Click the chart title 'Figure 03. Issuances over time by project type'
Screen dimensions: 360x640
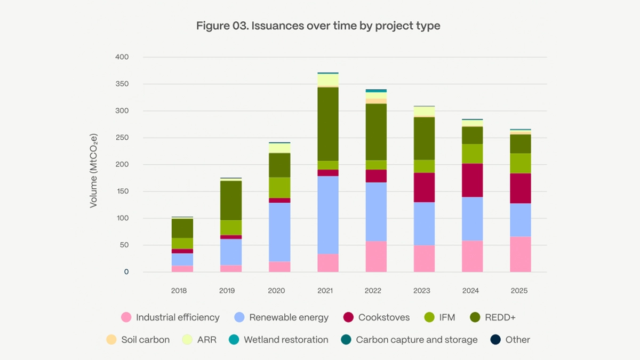pos(318,26)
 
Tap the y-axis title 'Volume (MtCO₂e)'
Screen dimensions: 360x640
pos(94,164)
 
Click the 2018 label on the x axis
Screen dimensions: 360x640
pos(179,291)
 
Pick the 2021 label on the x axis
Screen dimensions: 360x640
pos(325,291)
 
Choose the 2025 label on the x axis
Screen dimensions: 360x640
pos(519,291)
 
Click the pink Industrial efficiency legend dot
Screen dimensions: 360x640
pos(126,317)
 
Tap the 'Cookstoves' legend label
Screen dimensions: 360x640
pos(384,317)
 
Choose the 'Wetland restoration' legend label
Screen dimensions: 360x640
pos(286,340)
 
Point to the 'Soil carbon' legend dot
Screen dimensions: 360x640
pos(111,340)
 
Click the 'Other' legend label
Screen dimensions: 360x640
pos(517,340)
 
